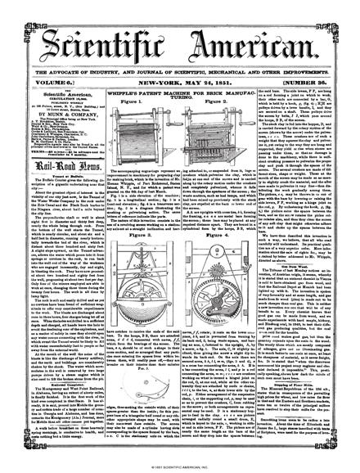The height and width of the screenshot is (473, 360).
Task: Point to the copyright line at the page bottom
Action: pos(180,468)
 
